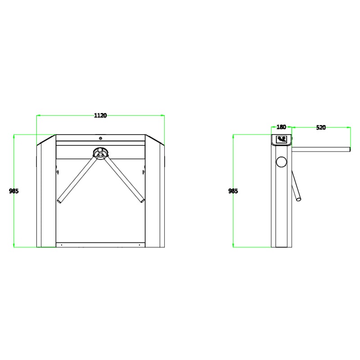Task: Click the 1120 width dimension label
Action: pos(100,116)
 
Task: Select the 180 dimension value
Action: pos(282,127)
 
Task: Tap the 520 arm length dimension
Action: pos(321,127)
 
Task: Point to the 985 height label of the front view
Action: pos(14,191)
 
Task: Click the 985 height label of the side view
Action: pos(233,191)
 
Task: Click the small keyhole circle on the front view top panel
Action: pos(101,138)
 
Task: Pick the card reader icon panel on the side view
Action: pos(283,139)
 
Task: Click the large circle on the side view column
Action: pos(282,162)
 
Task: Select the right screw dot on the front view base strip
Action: pos(141,245)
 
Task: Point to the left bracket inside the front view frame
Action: pos(57,171)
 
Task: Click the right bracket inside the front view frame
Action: pos(144,171)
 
